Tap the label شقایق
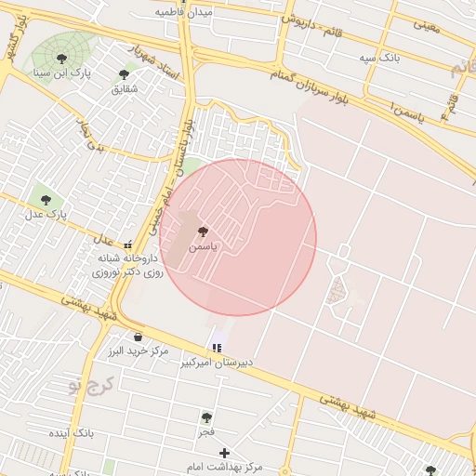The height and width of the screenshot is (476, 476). [124, 88]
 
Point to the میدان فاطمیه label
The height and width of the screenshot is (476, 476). [184, 12]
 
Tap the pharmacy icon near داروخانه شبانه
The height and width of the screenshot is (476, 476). [127, 245]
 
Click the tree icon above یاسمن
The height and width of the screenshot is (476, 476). [203, 231]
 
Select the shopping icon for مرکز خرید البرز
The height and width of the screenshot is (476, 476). [138, 337]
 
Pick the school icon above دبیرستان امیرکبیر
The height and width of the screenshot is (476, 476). [217, 348]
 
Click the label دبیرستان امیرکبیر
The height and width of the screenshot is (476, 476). [219, 362]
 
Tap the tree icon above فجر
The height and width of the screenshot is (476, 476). [206, 417]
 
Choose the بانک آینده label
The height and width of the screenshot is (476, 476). [71, 434]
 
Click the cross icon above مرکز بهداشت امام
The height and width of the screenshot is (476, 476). [224, 452]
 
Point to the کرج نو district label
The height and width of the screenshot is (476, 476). [94, 385]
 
